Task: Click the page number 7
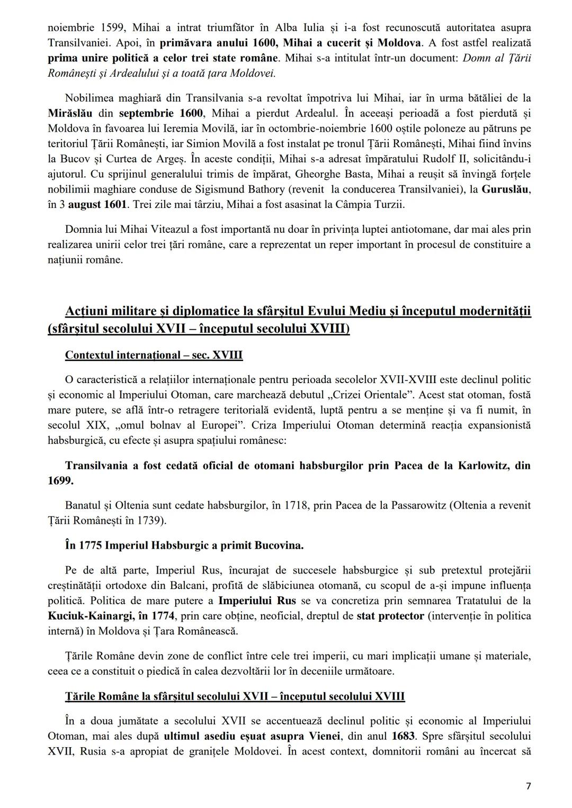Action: coord(528,786)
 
